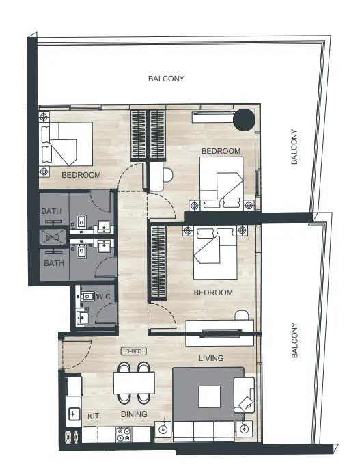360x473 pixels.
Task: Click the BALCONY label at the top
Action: (166, 79)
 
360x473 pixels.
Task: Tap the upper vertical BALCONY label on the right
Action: (294, 147)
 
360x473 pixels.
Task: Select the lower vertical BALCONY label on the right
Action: (294, 341)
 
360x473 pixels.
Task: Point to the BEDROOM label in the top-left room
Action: (81, 175)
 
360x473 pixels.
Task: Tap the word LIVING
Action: (211, 358)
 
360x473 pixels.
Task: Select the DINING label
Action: (135, 414)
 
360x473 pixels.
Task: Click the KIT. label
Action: (94, 416)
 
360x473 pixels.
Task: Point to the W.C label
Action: (104, 297)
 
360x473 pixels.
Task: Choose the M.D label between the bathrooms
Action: (52, 237)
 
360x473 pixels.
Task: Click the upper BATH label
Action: (51, 212)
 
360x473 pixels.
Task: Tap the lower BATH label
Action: (54, 262)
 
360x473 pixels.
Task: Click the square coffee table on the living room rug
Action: (209, 396)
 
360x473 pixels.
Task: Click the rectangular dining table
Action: (133, 383)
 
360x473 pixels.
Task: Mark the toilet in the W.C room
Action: (86, 298)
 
